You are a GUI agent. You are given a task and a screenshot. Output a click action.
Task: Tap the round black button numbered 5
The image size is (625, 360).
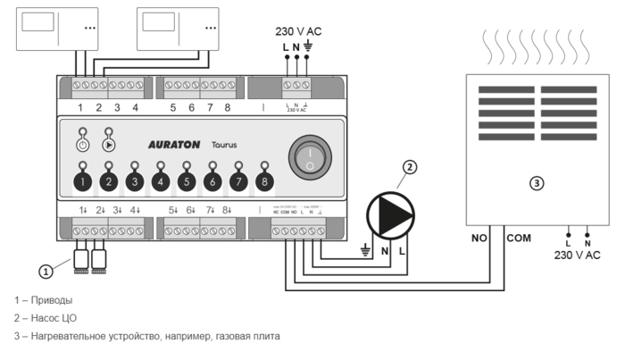coord(186,182)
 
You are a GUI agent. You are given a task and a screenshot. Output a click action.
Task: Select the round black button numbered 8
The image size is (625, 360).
coord(264,182)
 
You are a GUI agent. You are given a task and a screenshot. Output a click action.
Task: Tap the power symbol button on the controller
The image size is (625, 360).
coord(82,144)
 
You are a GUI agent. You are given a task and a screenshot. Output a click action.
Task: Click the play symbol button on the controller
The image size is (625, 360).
coord(109,144)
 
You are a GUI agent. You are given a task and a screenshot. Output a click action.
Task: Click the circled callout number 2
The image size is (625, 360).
coord(409,166)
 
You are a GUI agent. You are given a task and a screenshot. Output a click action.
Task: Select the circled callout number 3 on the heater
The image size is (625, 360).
coord(536,184)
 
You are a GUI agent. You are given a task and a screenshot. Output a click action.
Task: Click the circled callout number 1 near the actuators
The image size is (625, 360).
coord(45,270)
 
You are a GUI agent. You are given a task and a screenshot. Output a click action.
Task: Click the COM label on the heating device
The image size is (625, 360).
coord(519,239)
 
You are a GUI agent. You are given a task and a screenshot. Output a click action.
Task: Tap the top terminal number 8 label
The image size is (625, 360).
coord(228,107)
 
